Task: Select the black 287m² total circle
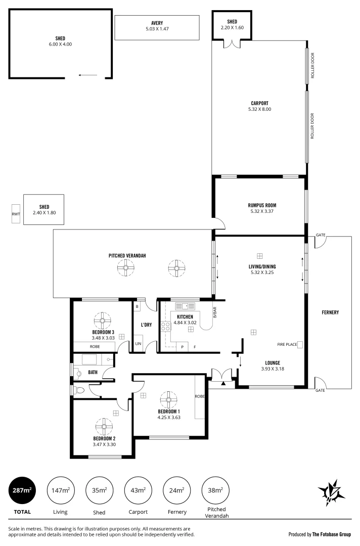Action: pyautogui.click(x=21, y=490)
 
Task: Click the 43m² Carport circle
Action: pyautogui.click(x=138, y=490)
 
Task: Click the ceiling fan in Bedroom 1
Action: pyautogui.click(x=168, y=400)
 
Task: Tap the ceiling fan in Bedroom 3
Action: pyautogui.click(x=103, y=320)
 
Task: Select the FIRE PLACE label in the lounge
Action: pyautogui.click(x=286, y=345)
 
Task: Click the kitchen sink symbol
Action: pyautogui.click(x=182, y=306)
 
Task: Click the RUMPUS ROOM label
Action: pyautogui.click(x=262, y=205)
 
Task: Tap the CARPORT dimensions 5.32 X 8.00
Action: pyautogui.click(x=259, y=109)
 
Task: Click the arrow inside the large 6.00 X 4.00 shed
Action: pyautogui.click(x=88, y=75)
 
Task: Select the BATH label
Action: pyautogui.click(x=93, y=372)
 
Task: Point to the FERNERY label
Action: pyautogui.click(x=330, y=312)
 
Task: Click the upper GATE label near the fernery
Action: pyautogui.click(x=320, y=235)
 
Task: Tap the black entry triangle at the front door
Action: pyautogui.click(x=223, y=383)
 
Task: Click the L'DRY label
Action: pyautogui.click(x=146, y=325)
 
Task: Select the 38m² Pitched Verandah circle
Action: pyautogui.click(x=215, y=490)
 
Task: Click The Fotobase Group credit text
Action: pyautogui.click(x=331, y=534)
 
